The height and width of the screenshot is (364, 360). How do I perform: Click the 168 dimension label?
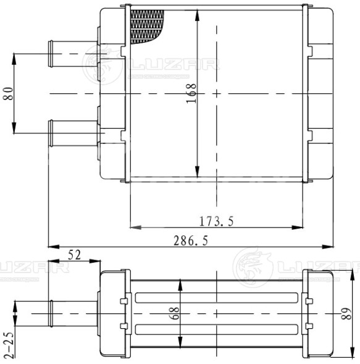(x=191, y=93)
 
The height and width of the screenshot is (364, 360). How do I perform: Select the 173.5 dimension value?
(x=216, y=221)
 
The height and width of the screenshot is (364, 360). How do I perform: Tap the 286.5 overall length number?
(x=191, y=240)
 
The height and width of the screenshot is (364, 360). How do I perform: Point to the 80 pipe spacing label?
(x=9, y=93)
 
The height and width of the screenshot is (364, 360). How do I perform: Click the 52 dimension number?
(x=74, y=255)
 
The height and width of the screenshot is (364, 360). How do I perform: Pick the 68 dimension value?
(x=174, y=313)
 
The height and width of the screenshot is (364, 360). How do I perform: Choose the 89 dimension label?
(x=346, y=313)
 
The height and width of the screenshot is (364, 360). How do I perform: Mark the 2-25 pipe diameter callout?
(x=9, y=345)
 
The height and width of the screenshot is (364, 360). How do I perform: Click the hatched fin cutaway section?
(x=146, y=26)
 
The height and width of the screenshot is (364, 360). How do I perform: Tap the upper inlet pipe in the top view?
(x=73, y=54)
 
